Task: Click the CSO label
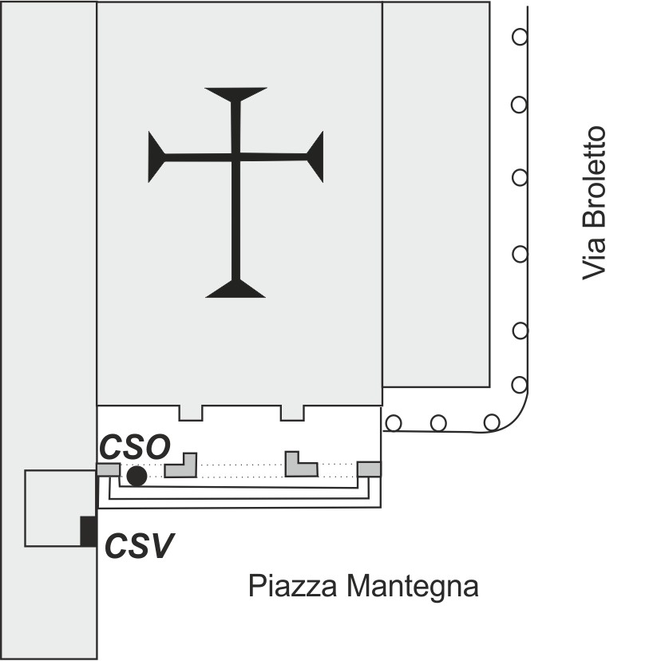pos(134,448)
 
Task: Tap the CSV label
pos(141,547)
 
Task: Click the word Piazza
pos(292,587)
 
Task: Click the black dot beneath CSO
pos(137,476)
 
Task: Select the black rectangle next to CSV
pos(89,532)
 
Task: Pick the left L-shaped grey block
pos(181,466)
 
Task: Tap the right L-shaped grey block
pos(300,466)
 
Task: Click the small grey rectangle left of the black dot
pos(109,469)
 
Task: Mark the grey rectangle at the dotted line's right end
pos(369,469)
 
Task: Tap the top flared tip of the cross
pos(236,93)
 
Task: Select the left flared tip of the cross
pos(155,156)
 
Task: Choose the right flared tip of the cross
pos(316,156)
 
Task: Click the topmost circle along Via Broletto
pos(520,36)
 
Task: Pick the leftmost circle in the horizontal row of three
pos(393,422)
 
